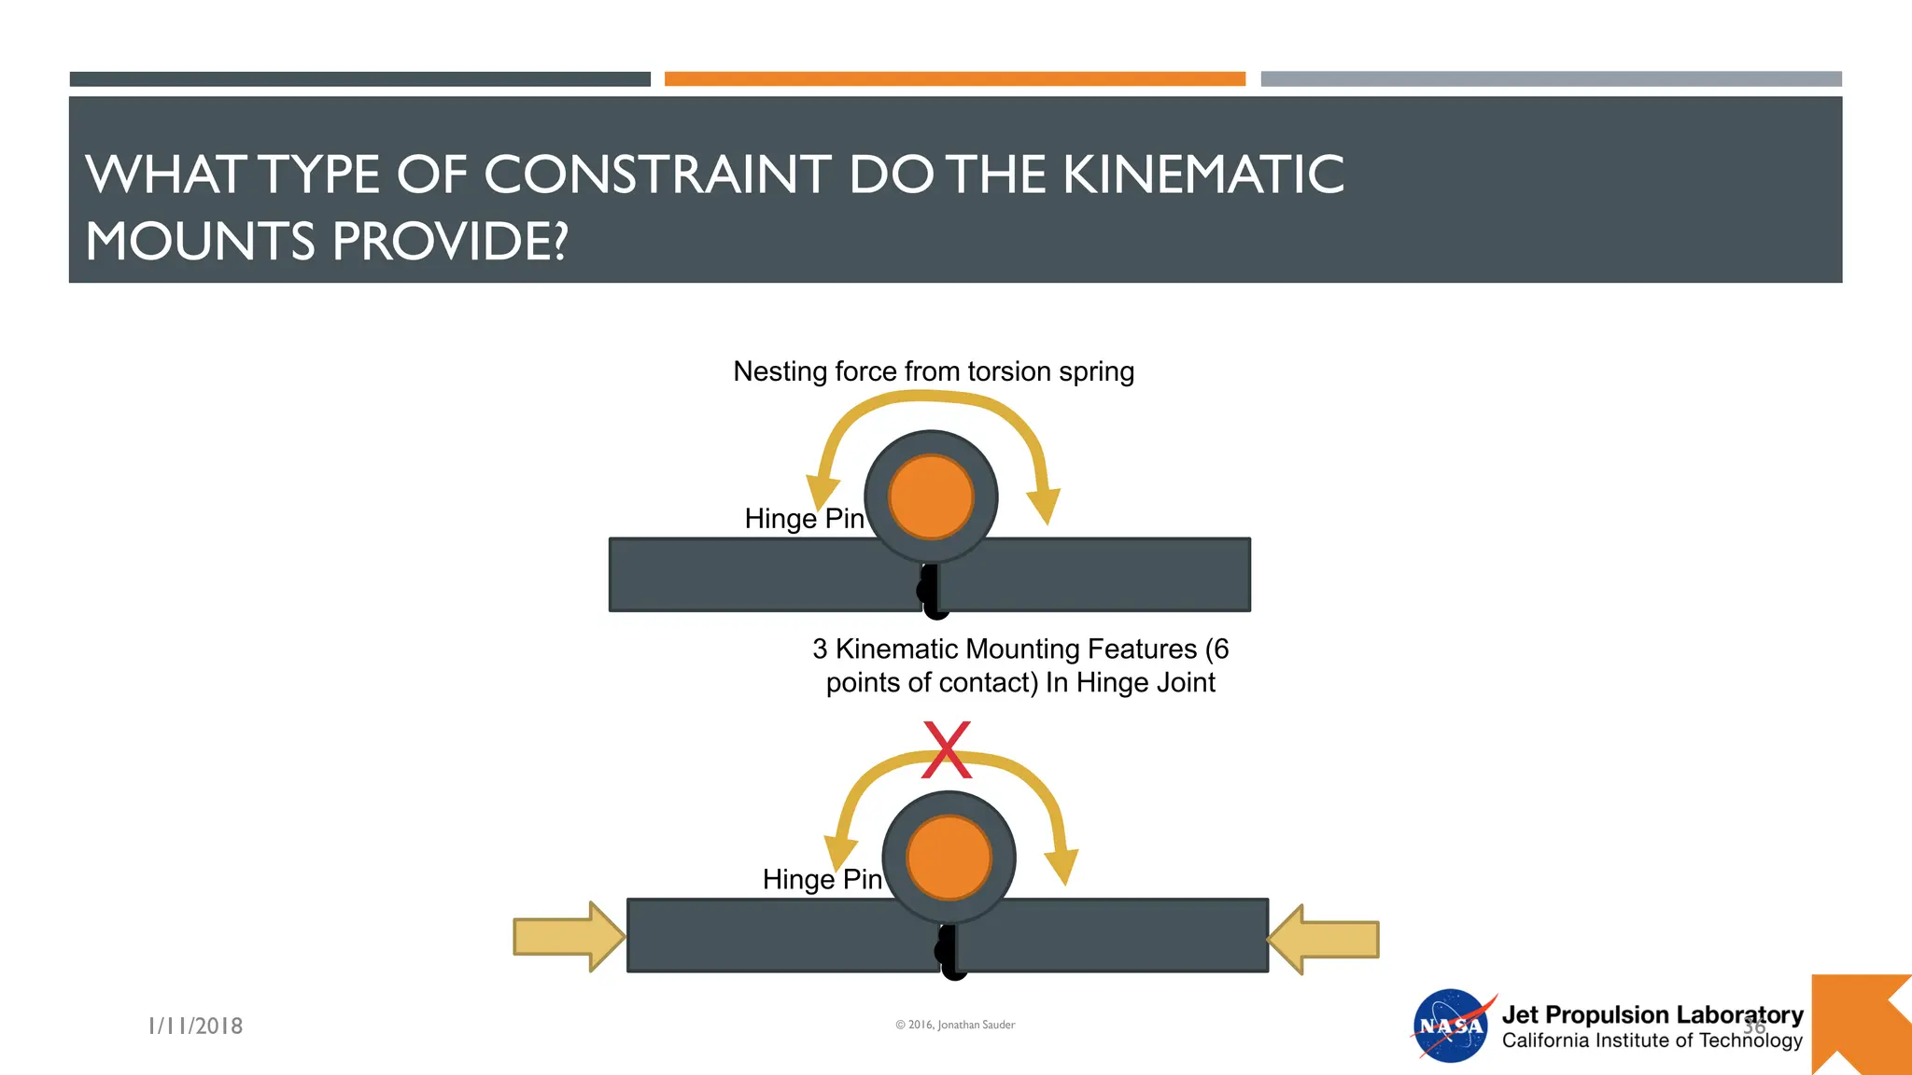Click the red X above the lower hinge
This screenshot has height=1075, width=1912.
pos(947,749)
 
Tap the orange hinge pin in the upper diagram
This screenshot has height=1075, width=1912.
pos(931,496)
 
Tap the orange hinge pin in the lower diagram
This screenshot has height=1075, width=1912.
pos(949,858)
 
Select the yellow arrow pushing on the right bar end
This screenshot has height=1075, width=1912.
pos(1326,939)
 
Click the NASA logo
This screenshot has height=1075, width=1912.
pos(1451,1026)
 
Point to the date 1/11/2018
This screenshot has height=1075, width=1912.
pos(196,1026)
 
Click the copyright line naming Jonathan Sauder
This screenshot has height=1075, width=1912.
pos(955,1025)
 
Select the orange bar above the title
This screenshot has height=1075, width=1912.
pos(954,79)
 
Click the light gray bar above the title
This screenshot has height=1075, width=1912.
pos(1551,79)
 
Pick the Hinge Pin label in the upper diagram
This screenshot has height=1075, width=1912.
pos(804,519)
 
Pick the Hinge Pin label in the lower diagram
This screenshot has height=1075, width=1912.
pos(822,879)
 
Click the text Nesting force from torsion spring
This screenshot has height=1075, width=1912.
pos(934,371)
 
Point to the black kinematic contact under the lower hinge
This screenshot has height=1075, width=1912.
pos(949,953)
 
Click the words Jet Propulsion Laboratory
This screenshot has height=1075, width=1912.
pos(1652,1014)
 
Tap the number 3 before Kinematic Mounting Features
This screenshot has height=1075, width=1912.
pos(820,649)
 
